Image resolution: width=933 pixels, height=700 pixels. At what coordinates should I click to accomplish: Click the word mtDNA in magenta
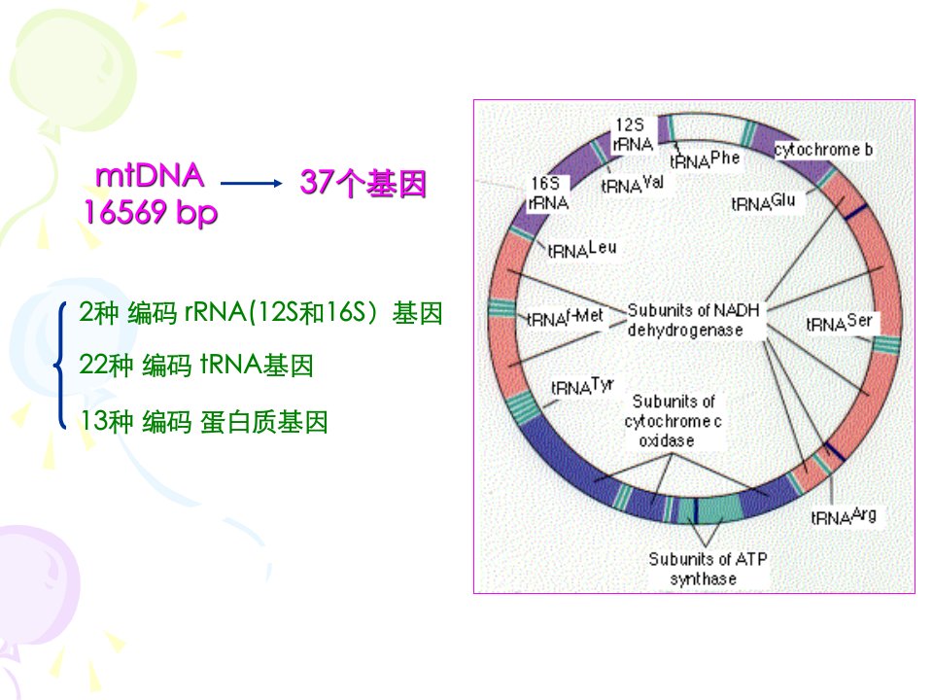pyautogui.click(x=150, y=176)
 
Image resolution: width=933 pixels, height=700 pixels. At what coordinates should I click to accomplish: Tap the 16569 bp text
pyautogui.click(x=151, y=213)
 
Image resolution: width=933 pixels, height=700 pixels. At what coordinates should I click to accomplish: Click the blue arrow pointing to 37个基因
pyautogui.click(x=251, y=184)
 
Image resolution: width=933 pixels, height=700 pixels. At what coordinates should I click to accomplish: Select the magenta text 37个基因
pyautogui.click(x=363, y=183)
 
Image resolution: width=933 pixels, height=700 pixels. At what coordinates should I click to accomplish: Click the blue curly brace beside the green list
pyautogui.click(x=60, y=365)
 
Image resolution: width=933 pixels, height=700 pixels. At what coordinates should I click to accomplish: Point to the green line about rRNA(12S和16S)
pyautogui.click(x=260, y=312)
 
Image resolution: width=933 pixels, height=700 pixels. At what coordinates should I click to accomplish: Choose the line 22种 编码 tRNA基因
pyautogui.click(x=195, y=365)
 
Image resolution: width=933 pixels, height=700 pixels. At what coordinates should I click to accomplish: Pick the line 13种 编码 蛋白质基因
pyautogui.click(x=203, y=421)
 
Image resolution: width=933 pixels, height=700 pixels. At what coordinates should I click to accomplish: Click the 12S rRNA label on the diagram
pyautogui.click(x=633, y=134)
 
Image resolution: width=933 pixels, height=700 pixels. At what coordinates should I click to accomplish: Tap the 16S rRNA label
pyautogui.click(x=548, y=192)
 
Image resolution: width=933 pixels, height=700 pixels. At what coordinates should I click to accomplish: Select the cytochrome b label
pyautogui.click(x=823, y=150)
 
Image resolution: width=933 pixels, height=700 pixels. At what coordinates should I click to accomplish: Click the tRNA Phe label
pyautogui.click(x=705, y=159)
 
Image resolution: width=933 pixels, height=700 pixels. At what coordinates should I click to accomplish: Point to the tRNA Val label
pyautogui.click(x=632, y=185)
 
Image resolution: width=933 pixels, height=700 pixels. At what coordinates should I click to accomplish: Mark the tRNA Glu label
pyautogui.click(x=764, y=203)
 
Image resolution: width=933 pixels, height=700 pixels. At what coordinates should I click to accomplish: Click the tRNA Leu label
pyautogui.click(x=582, y=250)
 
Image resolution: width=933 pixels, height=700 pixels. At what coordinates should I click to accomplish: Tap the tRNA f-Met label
pyautogui.click(x=566, y=318)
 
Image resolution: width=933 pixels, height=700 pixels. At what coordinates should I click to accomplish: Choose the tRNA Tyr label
pyautogui.click(x=582, y=387)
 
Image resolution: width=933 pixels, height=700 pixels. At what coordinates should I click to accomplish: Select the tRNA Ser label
pyautogui.click(x=839, y=323)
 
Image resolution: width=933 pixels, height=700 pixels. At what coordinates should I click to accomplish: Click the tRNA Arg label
pyautogui.click(x=844, y=516)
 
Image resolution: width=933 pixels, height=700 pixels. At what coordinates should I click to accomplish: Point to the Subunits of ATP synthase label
pyautogui.click(x=708, y=569)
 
